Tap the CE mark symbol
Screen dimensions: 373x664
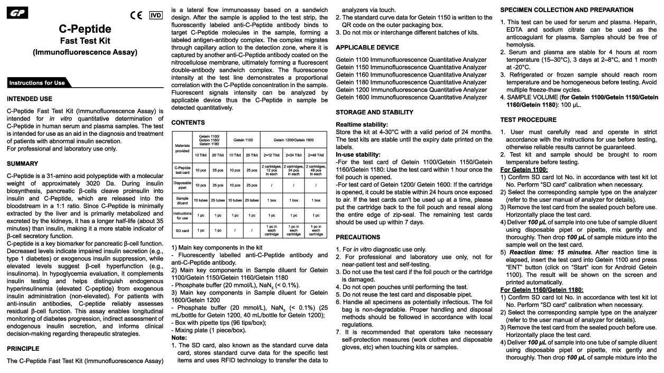(x=136, y=15)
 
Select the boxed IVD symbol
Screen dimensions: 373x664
(x=155, y=15)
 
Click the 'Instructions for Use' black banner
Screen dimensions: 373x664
(x=38, y=83)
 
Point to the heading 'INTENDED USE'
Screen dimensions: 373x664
(x=30, y=99)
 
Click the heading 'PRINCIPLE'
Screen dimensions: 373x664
(x=23, y=349)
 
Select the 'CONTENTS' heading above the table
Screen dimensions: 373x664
(x=188, y=123)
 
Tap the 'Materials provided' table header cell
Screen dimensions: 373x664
(x=181, y=147)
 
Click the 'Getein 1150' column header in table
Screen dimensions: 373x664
(x=244, y=139)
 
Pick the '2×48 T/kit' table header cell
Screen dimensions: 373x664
(x=316, y=155)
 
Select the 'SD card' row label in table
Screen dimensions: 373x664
(x=181, y=230)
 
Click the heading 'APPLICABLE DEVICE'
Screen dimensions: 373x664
(x=367, y=48)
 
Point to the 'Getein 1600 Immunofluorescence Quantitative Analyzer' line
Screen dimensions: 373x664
(x=411, y=97)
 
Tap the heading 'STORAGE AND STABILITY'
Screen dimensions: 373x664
(x=374, y=112)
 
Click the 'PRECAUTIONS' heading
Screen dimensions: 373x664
(x=358, y=237)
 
